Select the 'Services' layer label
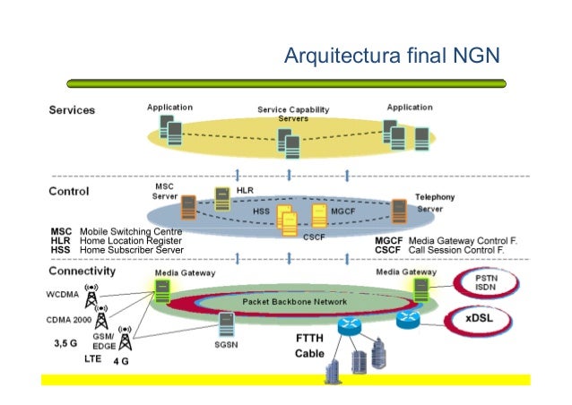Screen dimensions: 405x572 pyautogui.click(x=72, y=110)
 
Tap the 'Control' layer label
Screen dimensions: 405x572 pyautogui.click(x=68, y=192)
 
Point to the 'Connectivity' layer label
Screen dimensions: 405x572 pyautogui.click(x=82, y=271)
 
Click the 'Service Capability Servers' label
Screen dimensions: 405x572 pyautogui.click(x=293, y=114)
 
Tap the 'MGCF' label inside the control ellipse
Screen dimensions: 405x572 pyautogui.click(x=344, y=211)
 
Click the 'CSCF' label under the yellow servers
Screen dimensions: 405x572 pyautogui.click(x=314, y=237)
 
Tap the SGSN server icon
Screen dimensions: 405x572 pyautogui.click(x=226, y=322)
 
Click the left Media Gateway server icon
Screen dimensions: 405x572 pyautogui.click(x=164, y=289)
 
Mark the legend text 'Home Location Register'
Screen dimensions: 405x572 pyautogui.click(x=131, y=241)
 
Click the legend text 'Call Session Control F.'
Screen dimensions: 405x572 pyautogui.click(x=455, y=251)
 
